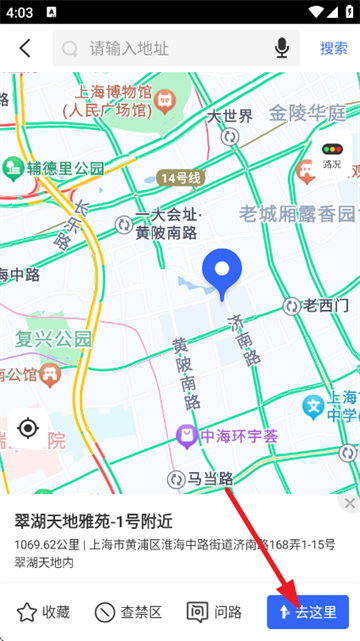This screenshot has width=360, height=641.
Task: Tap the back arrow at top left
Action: [25, 48]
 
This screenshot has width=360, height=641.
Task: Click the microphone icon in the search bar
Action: [282, 48]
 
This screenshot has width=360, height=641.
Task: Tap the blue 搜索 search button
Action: [334, 48]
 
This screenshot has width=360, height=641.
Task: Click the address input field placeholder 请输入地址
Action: [130, 48]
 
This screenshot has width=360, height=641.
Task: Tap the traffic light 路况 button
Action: [331, 155]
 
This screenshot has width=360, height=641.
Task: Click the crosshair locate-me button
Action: [28, 429]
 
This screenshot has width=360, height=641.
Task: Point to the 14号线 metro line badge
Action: [180, 178]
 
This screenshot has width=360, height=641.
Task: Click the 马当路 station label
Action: [211, 479]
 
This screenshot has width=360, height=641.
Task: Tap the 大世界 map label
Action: [230, 117]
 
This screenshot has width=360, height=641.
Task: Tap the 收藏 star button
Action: [44, 612]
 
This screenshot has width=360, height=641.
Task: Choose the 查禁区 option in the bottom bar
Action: [128, 612]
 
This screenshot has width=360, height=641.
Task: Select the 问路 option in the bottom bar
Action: [215, 612]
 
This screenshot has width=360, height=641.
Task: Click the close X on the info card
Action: [349, 503]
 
